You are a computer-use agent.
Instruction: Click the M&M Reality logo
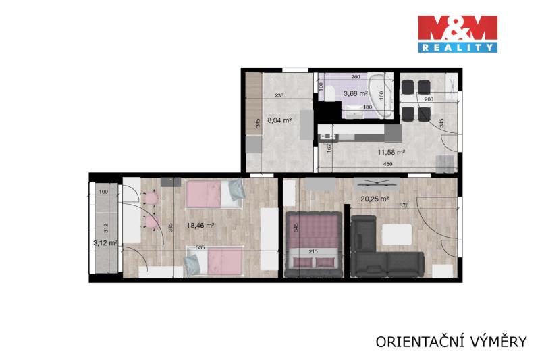(458, 34)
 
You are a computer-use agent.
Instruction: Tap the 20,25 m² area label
(375, 199)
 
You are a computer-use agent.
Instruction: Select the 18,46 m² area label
(200, 226)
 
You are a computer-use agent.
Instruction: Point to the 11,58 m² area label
(391, 152)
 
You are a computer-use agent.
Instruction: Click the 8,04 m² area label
(279, 120)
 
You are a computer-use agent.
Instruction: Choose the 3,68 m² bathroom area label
(356, 93)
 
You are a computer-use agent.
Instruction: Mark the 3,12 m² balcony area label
(105, 243)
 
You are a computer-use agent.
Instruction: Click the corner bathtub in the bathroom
(381, 95)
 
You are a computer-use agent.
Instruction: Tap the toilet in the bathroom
(329, 94)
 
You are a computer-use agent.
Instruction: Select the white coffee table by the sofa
(397, 234)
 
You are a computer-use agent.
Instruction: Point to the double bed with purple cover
(313, 245)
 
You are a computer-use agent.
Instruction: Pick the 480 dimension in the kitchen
(387, 164)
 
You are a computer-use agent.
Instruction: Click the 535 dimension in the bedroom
(200, 247)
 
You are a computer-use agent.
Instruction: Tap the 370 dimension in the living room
(404, 205)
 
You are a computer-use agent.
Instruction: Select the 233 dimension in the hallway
(279, 95)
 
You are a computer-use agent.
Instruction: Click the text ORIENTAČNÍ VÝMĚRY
(451, 342)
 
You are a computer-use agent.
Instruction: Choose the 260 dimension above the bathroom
(356, 77)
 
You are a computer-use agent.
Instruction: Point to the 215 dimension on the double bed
(313, 251)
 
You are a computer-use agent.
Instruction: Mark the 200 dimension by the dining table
(429, 99)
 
